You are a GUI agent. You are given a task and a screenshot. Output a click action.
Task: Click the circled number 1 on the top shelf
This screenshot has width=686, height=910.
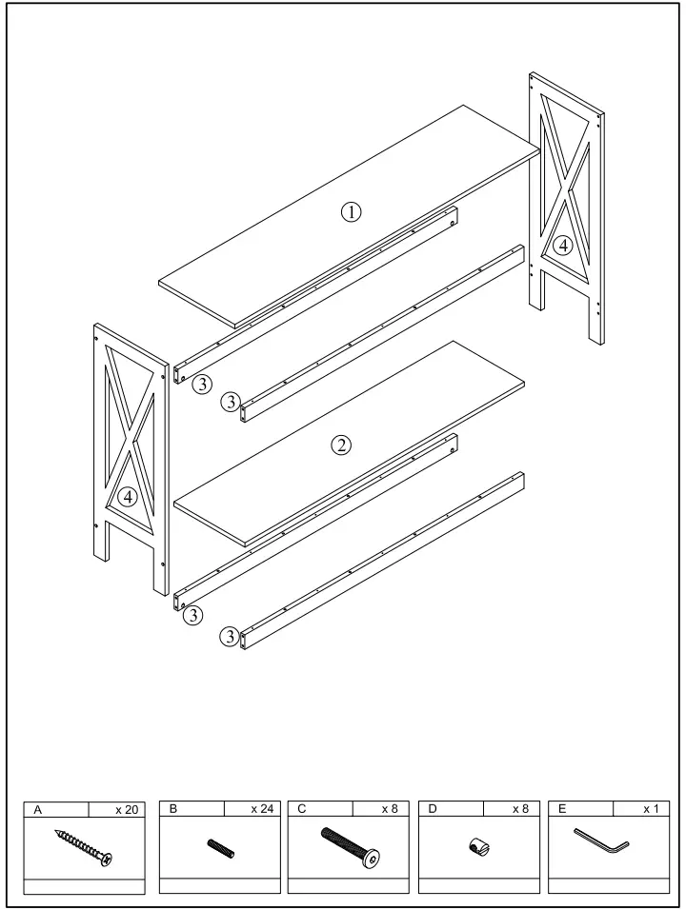(352, 212)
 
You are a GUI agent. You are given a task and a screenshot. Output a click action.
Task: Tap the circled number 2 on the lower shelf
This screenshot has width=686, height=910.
(340, 445)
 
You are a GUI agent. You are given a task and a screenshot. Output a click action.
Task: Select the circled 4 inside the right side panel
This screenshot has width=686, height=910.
(564, 246)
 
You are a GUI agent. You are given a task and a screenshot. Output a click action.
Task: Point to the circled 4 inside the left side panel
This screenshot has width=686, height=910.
(127, 497)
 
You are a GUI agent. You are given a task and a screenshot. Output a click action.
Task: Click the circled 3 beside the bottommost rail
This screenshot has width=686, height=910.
(229, 637)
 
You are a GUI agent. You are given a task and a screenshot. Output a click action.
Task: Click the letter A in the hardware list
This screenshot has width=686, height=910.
(37, 809)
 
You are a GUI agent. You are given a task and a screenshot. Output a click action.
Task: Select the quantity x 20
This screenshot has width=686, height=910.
(127, 809)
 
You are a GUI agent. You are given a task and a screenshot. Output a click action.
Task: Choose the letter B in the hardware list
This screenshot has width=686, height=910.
(173, 809)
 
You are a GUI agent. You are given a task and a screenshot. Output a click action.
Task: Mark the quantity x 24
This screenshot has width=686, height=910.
(260, 809)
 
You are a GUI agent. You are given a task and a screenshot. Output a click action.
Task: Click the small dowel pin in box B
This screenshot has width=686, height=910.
(220, 847)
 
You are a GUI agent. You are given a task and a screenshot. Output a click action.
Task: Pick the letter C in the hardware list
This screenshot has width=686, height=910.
(303, 809)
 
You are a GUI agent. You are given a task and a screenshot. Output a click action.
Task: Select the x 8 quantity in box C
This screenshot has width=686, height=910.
(390, 809)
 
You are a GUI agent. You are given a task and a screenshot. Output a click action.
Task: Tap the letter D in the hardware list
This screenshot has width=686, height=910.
(434, 809)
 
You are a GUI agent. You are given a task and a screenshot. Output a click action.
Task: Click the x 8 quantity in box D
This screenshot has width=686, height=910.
(520, 809)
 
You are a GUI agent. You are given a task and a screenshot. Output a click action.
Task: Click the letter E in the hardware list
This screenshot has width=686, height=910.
(563, 809)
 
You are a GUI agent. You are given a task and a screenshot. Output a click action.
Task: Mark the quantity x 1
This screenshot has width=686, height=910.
(651, 809)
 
